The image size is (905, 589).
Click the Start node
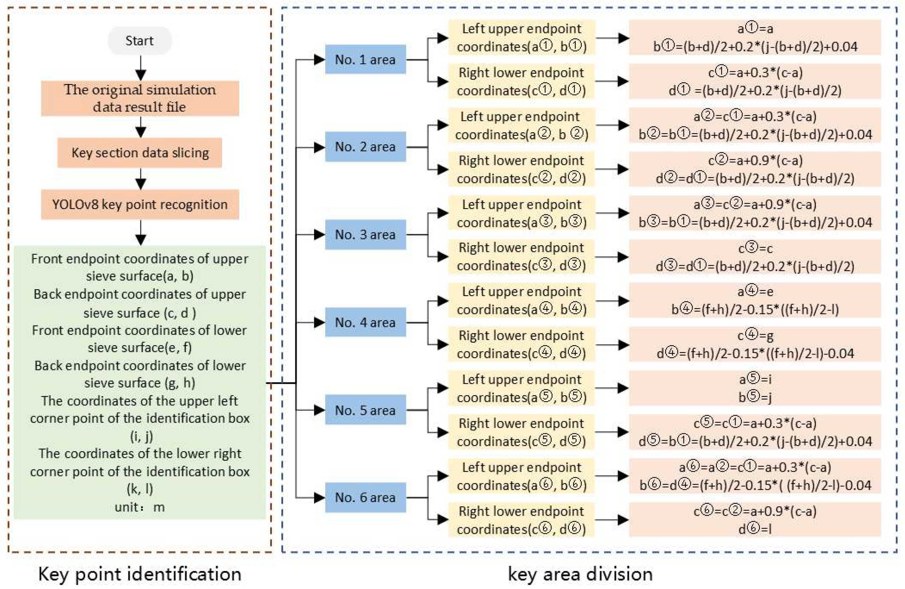click(x=140, y=40)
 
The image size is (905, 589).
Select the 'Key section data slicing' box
click(x=140, y=153)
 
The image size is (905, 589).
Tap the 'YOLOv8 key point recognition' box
click(x=140, y=205)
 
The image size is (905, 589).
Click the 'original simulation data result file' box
click(x=140, y=98)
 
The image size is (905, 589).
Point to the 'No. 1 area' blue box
click(x=365, y=60)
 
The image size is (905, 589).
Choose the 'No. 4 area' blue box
click(x=365, y=322)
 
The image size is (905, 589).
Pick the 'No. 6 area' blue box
click(x=365, y=497)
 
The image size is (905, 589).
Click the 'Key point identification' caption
click(x=140, y=574)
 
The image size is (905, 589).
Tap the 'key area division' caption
click(x=580, y=574)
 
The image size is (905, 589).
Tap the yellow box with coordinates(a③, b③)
click(x=521, y=213)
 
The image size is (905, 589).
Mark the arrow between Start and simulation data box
click(x=141, y=68)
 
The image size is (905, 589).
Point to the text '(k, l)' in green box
click(x=140, y=489)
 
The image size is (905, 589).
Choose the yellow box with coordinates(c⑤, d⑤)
click(x=521, y=432)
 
